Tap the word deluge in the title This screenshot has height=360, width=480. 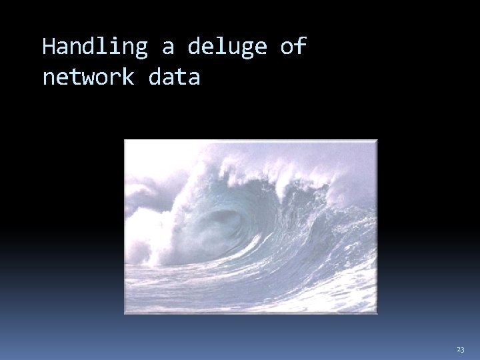227,47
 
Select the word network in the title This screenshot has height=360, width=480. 88,77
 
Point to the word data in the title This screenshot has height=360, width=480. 174,77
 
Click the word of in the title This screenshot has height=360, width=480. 293,47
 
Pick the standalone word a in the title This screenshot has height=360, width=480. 167,47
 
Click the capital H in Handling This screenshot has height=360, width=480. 49,47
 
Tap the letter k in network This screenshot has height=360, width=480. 127,77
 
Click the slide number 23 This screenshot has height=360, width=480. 461,349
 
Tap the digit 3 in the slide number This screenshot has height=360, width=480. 463,349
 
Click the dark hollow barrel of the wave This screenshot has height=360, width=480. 223,223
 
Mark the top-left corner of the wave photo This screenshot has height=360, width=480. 125,140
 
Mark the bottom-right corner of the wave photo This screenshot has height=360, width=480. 377,313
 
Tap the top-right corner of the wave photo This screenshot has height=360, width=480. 377,140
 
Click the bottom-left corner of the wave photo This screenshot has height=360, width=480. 125,313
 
